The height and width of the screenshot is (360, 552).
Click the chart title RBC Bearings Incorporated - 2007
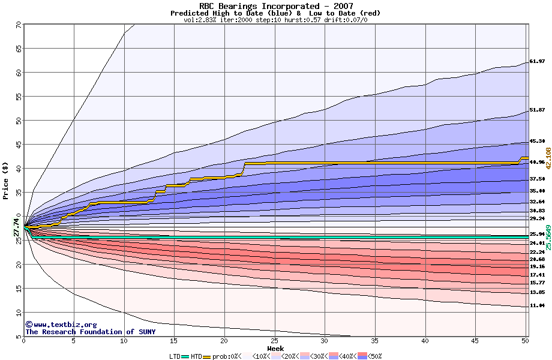(x=276, y=6)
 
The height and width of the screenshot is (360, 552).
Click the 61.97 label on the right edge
(x=537, y=61)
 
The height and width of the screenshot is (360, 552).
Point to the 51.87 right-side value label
(x=537, y=110)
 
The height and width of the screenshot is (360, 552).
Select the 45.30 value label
(x=537, y=142)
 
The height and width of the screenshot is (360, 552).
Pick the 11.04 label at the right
(x=537, y=305)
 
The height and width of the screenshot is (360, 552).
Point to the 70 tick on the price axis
(x=18, y=25)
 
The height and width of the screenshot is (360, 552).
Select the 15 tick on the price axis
(x=18, y=288)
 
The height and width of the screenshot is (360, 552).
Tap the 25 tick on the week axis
(x=274, y=341)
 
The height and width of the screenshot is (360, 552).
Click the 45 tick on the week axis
(x=475, y=341)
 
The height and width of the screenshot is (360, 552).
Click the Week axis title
(x=275, y=348)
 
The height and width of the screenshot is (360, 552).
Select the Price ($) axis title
(x=6, y=181)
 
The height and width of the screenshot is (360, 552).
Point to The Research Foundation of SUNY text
(x=90, y=332)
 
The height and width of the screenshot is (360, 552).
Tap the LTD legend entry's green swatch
(x=185, y=356)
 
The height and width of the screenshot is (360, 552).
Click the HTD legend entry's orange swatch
(x=208, y=356)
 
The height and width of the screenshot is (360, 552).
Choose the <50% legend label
(x=373, y=356)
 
